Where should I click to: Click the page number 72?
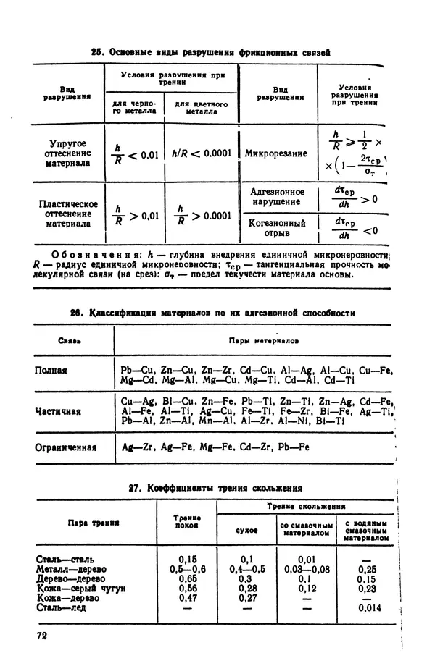click(42, 635)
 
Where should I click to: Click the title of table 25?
click(210, 52)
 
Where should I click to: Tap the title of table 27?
click(215, 488)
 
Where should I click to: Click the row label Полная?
click(51, 371)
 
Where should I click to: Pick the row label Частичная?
click(58, 411)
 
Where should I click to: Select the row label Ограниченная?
click(66, 447)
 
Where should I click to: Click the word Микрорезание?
click(276, 153)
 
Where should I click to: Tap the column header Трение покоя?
click(187, 522)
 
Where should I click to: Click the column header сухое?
click(247, 531)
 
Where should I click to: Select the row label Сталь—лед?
click(62, 607)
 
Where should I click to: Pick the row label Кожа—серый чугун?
click(80, 589)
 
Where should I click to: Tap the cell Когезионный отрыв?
click(278, 228)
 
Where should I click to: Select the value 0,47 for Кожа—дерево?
click(188, 598)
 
